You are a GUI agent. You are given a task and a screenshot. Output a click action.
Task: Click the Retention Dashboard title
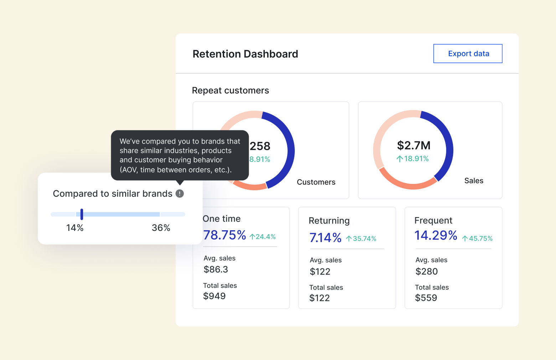[245, 54]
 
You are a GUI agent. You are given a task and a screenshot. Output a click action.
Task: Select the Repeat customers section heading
[230, 91]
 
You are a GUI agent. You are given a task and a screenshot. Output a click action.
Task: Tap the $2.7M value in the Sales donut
[413, 145]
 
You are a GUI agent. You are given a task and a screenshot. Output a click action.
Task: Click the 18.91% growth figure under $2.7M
[413, 159]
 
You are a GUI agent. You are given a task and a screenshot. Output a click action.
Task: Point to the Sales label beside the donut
[473, 181]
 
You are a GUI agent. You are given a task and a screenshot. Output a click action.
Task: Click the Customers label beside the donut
[316, 182]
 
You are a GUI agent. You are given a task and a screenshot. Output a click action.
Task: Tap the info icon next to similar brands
[180, 194]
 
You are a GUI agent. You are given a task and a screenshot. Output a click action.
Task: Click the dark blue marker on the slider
[82, 214]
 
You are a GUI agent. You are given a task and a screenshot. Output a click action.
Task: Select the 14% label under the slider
[74, 228]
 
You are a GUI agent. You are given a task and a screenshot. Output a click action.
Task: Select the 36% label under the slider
[161, 228]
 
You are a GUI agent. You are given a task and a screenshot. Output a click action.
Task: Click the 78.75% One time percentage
[225, 235]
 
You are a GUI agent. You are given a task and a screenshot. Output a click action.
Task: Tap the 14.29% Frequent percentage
[436, 236]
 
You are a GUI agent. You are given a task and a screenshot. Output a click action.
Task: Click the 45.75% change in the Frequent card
[478, 238]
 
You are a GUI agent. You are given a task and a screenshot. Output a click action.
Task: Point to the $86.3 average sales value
[216, 269]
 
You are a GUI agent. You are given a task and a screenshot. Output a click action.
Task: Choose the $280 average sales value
[426, 272]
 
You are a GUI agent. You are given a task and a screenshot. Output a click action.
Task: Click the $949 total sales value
[214, 296]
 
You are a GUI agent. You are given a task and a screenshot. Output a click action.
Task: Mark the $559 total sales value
[426, 298]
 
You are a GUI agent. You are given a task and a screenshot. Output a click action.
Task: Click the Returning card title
[329, 221]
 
